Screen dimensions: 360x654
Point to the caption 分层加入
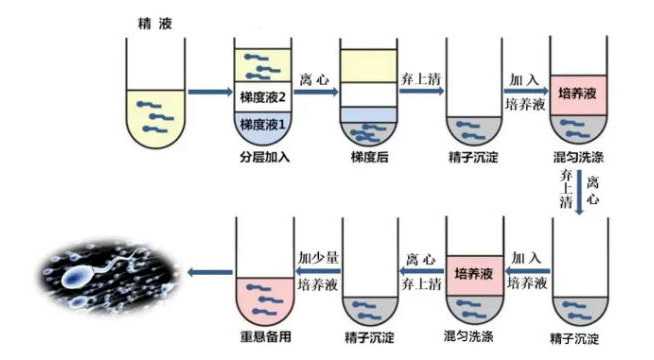point(264,158)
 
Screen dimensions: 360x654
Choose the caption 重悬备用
point(264,334)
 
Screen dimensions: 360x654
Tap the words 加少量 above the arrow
point(318,258)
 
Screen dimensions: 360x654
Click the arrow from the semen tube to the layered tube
point(207,94)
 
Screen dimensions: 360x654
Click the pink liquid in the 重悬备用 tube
point(264,297)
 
